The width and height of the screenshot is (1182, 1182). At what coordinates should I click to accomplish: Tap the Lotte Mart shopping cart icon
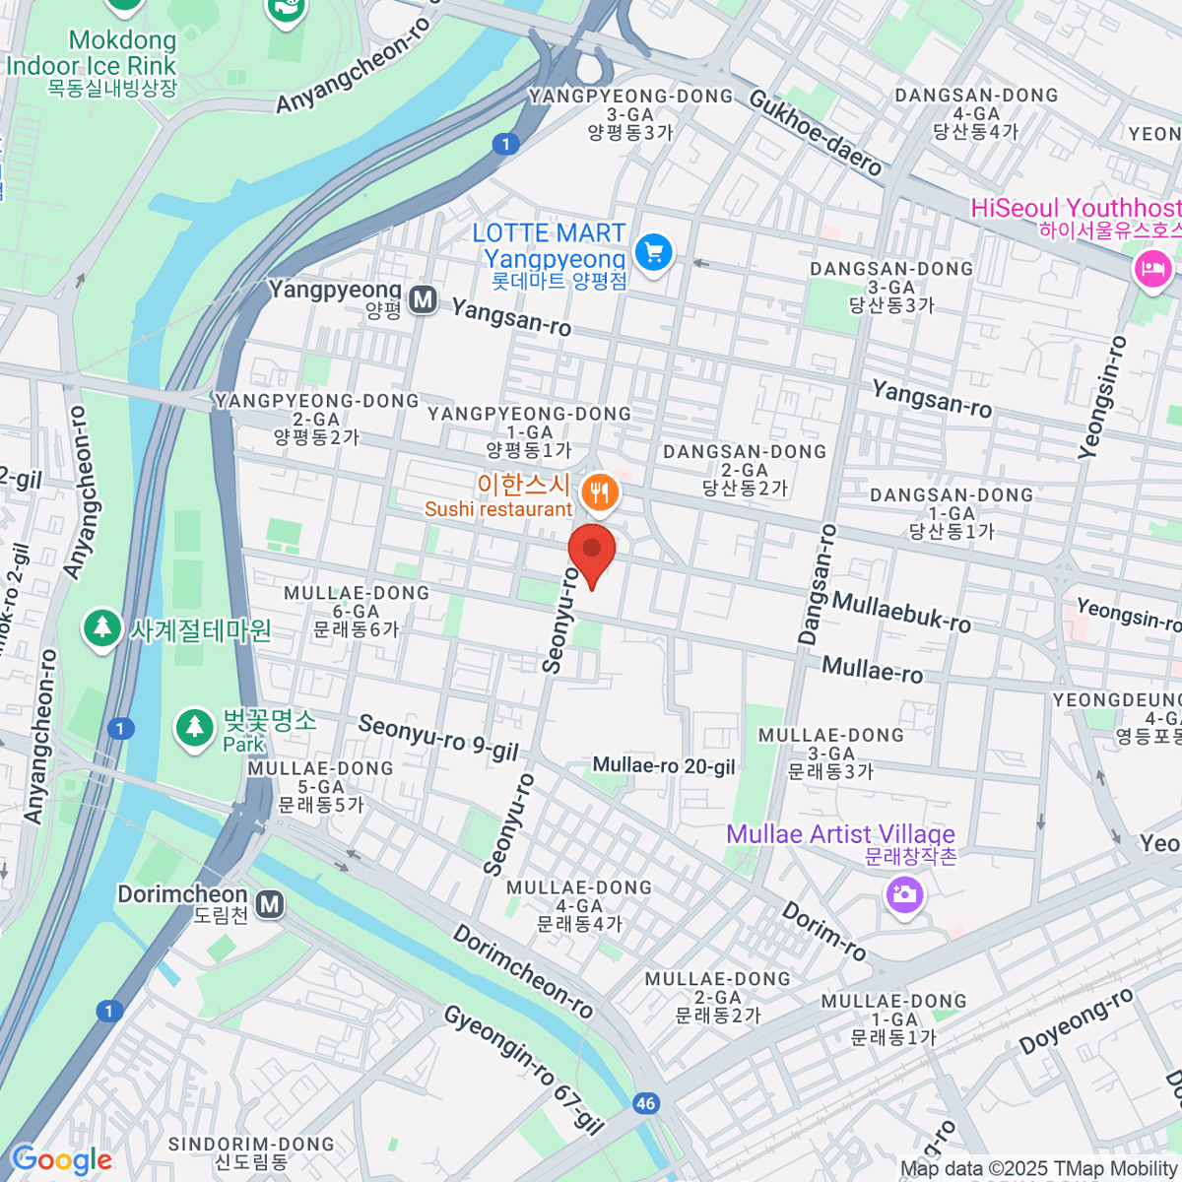coord(653,252)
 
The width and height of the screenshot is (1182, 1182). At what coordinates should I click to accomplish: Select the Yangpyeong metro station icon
coord(424,299)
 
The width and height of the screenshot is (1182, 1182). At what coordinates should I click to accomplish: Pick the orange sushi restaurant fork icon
coord(600,492)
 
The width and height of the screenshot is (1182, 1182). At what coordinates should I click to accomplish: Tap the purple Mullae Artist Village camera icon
coord(903,894)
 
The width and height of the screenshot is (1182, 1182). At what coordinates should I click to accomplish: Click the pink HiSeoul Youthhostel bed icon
coord(1151,268)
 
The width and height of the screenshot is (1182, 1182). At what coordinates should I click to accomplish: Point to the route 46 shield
coord(646,1103)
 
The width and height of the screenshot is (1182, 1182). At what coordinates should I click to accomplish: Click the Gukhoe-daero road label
coord(815,133)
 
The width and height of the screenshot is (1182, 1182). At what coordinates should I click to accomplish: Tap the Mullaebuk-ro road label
coord(901,611)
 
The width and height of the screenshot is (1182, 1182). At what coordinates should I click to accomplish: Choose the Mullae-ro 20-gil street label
coord(664,765)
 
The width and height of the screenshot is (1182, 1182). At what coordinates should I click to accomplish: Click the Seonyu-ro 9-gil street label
coord(438,738)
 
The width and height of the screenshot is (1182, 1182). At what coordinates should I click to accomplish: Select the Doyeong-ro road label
coord(1076,1021)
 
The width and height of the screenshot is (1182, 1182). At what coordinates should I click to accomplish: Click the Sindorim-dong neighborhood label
coord(251,1152)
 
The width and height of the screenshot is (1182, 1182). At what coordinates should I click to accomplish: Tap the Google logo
coord(61,1160)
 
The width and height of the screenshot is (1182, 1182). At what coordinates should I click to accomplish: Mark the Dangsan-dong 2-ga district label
coord(745,469)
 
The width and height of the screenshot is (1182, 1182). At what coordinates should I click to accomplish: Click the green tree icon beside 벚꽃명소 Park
coord(194,728)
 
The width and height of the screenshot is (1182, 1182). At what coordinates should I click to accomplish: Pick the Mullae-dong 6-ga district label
coord(357,611)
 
